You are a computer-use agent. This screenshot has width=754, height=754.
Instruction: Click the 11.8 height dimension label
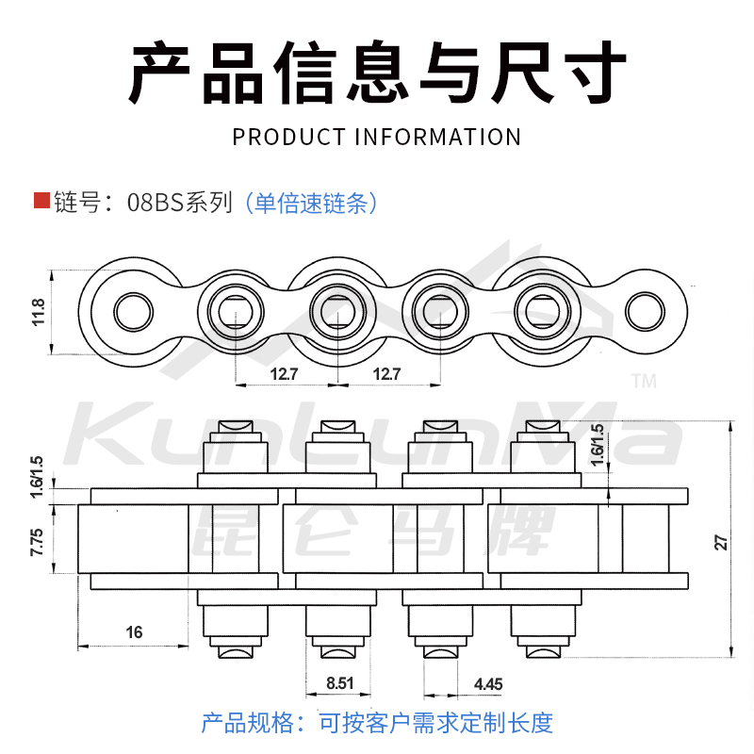click(39, 312)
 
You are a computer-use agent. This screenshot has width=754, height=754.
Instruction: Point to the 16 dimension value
click(134, 632)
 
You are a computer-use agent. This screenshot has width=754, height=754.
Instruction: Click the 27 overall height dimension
click(721, 542)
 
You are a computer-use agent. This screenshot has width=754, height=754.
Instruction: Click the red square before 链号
click(41, 200)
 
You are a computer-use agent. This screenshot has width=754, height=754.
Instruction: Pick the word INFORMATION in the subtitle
click(438, 137)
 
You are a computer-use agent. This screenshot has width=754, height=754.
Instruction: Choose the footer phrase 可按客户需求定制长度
click(435, 723)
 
